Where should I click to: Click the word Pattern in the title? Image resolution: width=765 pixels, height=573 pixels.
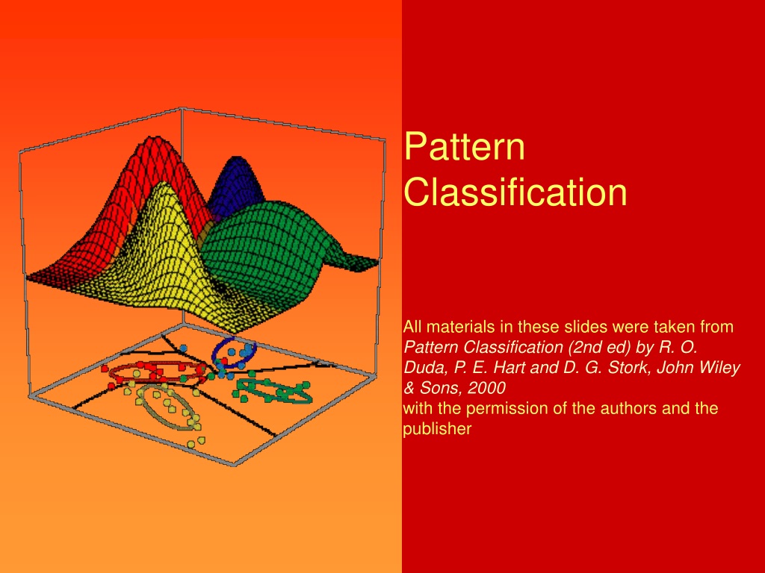(x=464, y=146)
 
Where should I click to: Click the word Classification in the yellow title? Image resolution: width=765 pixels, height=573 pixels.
(x=515, y=192)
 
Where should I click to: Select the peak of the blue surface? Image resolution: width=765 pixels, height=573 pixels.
(x=237, y=159)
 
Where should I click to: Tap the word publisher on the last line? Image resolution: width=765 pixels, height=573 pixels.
(x=437, y=429)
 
